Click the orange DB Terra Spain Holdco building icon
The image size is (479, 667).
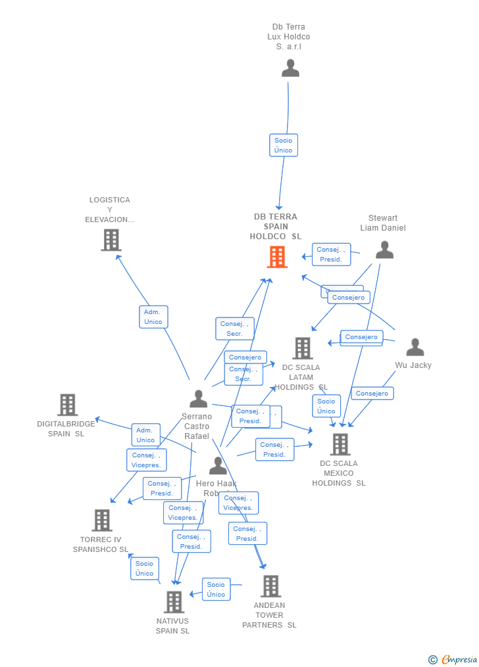(x=277, y=257)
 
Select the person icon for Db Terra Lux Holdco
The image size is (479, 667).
(x=290, y=68)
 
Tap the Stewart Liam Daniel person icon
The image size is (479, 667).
(x=384, y=250)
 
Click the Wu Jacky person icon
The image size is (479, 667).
(x=415, y=348)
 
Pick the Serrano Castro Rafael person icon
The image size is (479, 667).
(x=198, y=399)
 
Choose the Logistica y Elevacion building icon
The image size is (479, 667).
(x=111, y=241)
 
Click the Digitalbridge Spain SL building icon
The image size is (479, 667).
(x=67, y=405)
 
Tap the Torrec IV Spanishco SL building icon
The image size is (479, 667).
(x=101, y=520)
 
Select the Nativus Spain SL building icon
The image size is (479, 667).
(x=174, y=602)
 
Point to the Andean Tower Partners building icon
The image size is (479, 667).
(x=270, y=586)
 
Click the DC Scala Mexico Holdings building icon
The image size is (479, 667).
(x=340, y=445)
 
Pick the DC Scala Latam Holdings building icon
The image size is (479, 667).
(x=302, y=349)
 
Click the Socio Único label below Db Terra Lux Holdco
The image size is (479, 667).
(x=284, y=145)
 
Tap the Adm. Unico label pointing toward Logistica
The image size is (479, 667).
(x=153, y=317)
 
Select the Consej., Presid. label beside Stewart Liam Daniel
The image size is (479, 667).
(x=331, y=254)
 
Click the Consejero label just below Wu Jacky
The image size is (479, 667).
(x=372, y=394)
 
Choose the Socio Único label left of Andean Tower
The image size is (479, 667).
(x=216, y=589)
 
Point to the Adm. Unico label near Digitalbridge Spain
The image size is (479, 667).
(x=145, y=435)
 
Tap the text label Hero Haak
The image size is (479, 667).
(x=216, y=484)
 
